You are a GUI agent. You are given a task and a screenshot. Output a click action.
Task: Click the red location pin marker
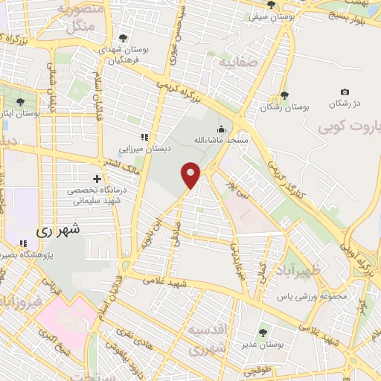click(x=191, y=174)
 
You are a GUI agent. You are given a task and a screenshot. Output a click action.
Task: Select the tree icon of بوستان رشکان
click(x=284, y=95)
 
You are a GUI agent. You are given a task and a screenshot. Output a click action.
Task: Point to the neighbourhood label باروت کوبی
click(x=350, y=127)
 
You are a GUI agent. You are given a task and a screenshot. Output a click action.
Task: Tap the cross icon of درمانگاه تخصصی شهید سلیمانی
click(x=97, y=179)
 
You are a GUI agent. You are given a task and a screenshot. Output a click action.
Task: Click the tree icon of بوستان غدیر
click(x=261, y=333)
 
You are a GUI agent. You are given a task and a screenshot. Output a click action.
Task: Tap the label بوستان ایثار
click(x=20, y=114)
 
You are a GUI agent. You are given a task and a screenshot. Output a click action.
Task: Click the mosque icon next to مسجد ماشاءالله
click(x=220, y=128)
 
